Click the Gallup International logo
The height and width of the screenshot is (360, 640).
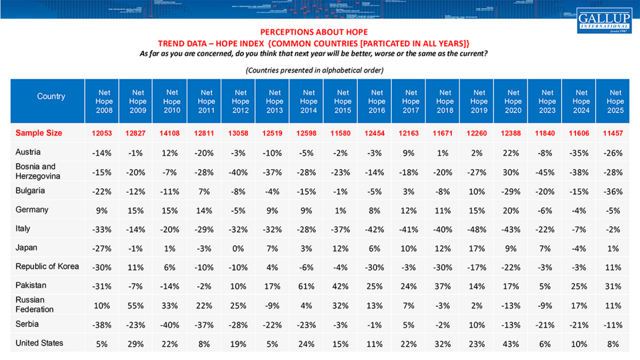click(x=604, y=20)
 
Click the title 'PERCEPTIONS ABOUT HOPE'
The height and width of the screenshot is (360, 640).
click(x=314, y=32)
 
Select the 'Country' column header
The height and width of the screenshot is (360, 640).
click(x=51, y=96)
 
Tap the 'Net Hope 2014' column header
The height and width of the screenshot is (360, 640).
click(x=308, y=101)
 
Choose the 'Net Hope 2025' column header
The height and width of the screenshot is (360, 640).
click(x=615, y=101)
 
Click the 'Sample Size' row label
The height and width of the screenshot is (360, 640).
click(x=39, y=133)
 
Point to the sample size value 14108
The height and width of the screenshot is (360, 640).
click(x=172, y=133)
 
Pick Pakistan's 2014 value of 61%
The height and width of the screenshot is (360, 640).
click(x=308, y=286)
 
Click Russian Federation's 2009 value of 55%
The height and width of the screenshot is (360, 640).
click(x=138, y=305)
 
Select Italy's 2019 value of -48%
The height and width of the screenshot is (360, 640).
click(x=479, y=229)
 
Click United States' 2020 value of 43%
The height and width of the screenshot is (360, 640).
click(x=513, y=344)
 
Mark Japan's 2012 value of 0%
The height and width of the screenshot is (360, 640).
click(x=240, y=248)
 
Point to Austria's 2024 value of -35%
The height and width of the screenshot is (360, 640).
click(x=581, y=153)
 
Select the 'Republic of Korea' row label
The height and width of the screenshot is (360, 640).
click(x=47, y=267)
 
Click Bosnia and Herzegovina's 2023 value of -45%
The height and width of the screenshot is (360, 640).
click(x=547, y=172)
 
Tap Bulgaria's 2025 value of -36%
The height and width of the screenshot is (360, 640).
click(x=615, y=191)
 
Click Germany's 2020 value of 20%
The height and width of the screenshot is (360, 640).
click(x=513, y=210)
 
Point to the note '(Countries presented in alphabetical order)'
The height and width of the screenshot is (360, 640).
click(x=314, y=70)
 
